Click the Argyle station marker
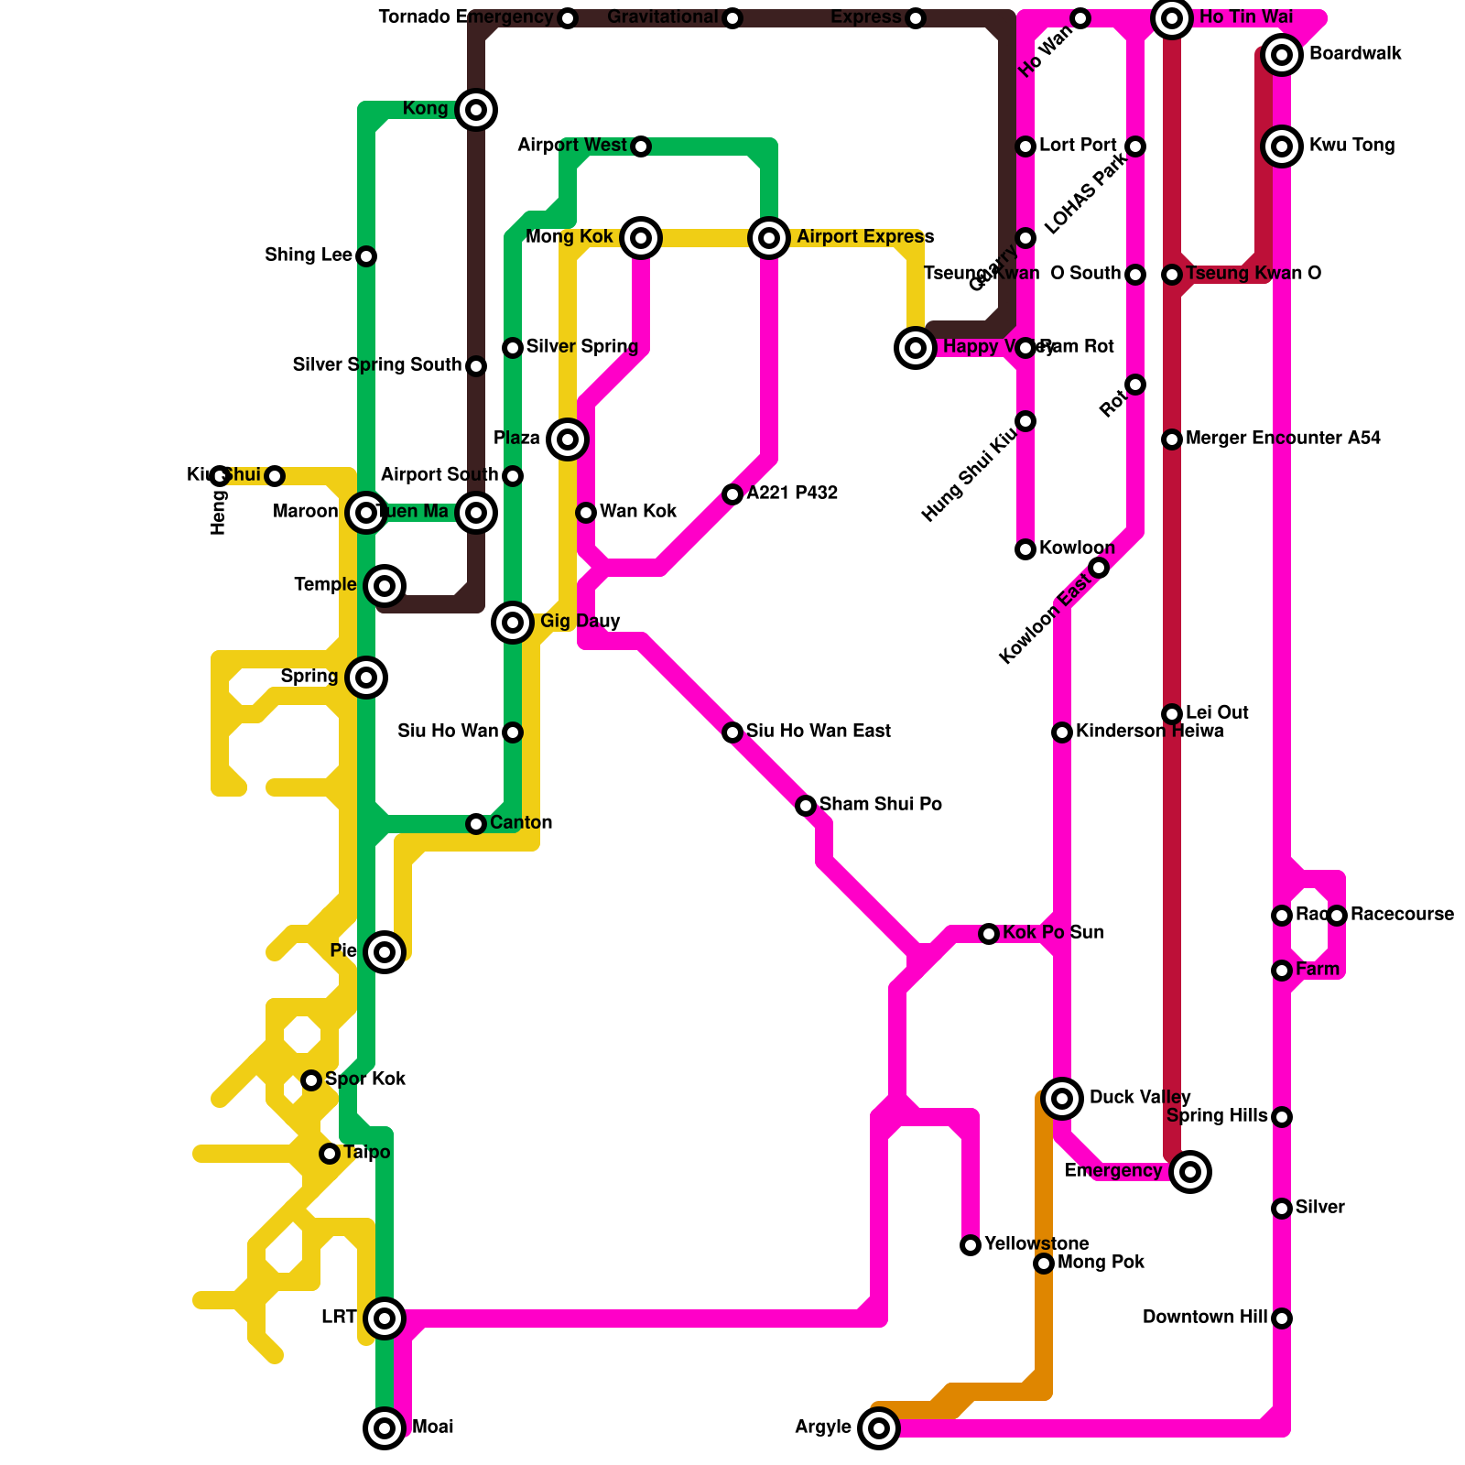[879, 1427]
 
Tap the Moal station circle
[385, 1427]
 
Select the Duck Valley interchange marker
[1062, 1098]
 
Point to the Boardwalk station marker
[1282, 55]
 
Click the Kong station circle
[476, 110]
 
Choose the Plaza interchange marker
[568, 439]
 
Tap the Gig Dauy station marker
[513, 623]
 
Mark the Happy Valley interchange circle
[916, 348]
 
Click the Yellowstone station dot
[971, 1245]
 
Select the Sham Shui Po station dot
[806, 806]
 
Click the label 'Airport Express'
[865, 238]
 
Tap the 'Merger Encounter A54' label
[1283, 439]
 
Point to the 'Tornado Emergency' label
[466, 17]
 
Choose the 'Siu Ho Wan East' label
[818, 732]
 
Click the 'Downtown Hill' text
[1205, 1318]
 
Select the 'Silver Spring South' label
[377, 365]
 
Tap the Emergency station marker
[1190, 1171]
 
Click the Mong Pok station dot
[1044, 1264]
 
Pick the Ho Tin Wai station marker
[1172, 18]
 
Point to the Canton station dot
[476, 824]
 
